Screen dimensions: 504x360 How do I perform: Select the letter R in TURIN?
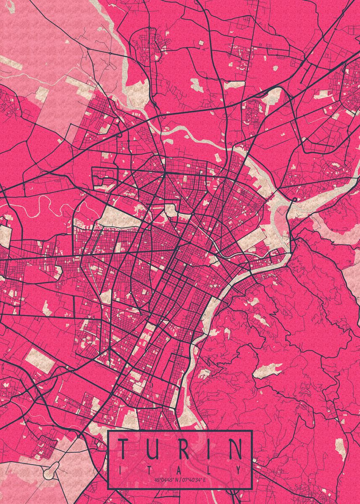[181, 449]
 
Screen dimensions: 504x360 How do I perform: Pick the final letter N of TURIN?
[235, 449]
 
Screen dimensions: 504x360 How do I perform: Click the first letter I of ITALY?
[121, 469]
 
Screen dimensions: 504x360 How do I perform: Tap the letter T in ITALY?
[150, 469]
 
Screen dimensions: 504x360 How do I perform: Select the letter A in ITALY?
[180, 469]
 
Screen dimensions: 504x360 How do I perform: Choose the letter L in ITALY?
[209, 469]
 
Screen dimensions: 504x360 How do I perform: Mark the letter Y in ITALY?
[239, 469]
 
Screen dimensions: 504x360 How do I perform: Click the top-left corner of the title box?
[108, 431]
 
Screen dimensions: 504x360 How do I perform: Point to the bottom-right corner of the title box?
[252, 489]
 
